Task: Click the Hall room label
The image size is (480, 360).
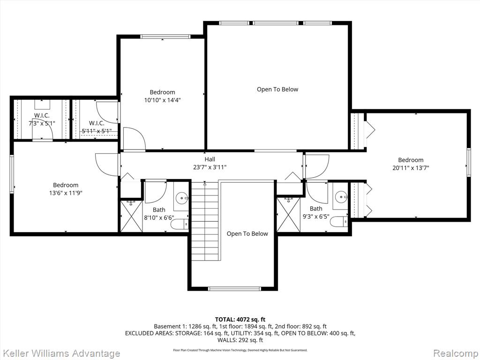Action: (x=210, y=159)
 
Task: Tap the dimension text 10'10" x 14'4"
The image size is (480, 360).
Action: (x=162, y=100)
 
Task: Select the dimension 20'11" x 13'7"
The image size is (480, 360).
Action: (x=411, y=168)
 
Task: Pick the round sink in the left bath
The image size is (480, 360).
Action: (x=180, y=199)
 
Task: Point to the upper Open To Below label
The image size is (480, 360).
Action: (x=277, y=89)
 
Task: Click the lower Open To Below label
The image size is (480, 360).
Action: (x=247, y=233)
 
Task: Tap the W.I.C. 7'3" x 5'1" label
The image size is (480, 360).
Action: (x=42, y=120)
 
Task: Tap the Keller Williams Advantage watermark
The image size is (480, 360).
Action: (x=60, y=353)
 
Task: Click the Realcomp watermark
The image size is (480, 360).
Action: (x=454, y=353)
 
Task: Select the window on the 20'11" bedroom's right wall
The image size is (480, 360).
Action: (x=468, y=162)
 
